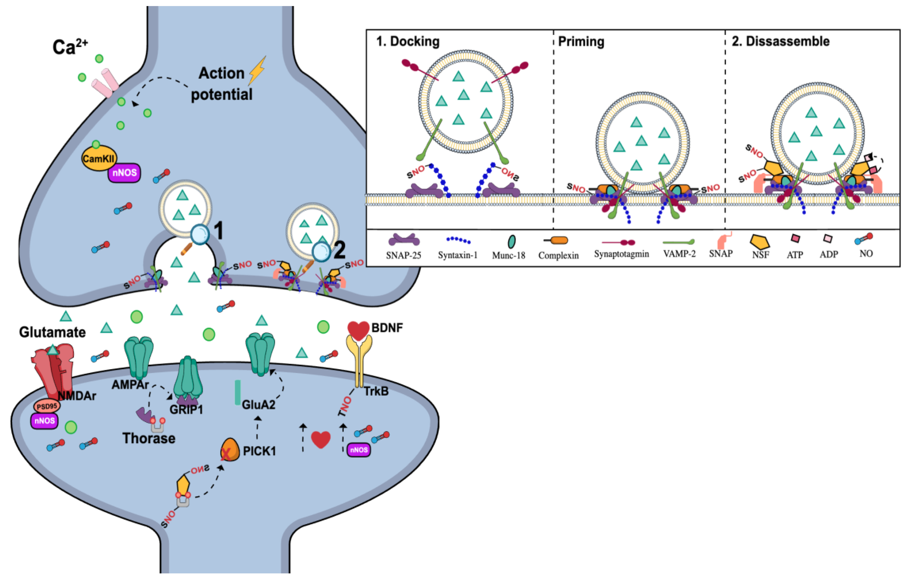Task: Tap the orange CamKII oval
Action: tap(98, 158)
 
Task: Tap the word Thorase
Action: tap(149, 438)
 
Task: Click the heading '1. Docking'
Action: tap(408, 41)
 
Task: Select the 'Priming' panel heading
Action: tap(581, 41)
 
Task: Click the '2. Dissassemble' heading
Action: tap(780, 41)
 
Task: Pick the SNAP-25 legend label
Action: tap(403, 255)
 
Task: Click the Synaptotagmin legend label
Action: tap(621, 254)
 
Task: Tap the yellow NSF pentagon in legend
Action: tap(760, 242)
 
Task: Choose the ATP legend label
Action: tap(795, 255)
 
